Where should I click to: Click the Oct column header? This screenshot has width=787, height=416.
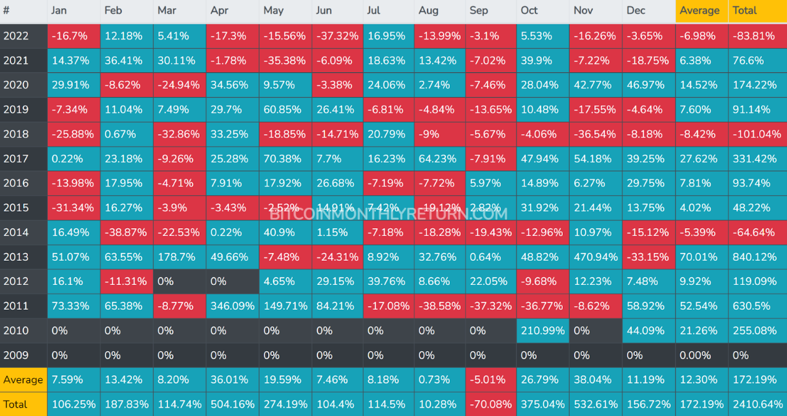[529, 11]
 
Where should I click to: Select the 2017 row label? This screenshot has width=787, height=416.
[17, 159]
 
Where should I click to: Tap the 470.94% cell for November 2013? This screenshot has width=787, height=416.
[596, 257]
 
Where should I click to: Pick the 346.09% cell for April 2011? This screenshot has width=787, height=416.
[232, 306]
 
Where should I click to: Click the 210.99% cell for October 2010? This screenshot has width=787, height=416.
[542, 331]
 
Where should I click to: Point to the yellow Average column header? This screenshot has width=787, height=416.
[701, 11]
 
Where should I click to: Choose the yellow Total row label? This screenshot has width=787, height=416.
[16, 404]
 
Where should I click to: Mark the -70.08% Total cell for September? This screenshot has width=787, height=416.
[490, 404]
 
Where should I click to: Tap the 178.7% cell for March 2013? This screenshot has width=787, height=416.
[179, 257]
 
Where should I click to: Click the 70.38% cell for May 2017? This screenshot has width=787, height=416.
[285, 159]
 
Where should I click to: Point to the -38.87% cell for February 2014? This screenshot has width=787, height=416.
[126, 232]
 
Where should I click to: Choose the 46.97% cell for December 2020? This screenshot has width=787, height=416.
[648, 85]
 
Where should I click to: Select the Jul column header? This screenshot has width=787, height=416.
[374, 11]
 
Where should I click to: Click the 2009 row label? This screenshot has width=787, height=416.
[17, 355]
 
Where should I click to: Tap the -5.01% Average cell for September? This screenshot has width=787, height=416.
[490, 380]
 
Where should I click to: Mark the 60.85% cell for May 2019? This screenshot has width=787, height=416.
[285, 110]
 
